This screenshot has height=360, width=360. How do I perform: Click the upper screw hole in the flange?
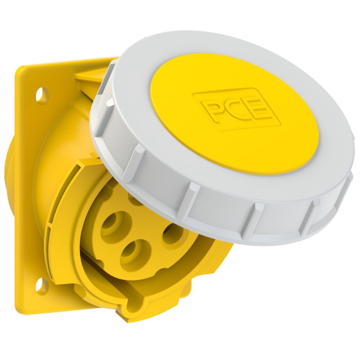42,95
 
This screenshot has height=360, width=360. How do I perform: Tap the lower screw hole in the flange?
42,285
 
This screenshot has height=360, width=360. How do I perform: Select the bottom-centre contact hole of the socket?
131,252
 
